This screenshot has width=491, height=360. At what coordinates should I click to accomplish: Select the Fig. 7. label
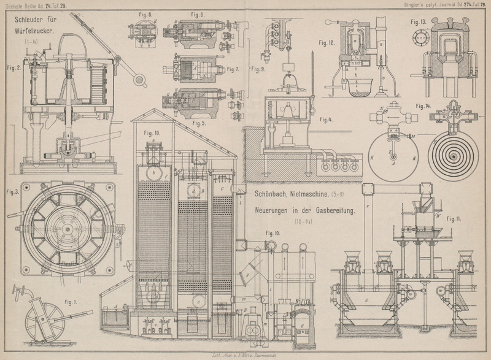[233, 69]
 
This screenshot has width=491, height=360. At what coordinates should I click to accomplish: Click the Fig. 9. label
[258, 69]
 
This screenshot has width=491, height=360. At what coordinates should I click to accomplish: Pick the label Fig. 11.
[455, 218]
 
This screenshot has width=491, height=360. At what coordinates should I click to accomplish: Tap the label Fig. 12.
[326, 43]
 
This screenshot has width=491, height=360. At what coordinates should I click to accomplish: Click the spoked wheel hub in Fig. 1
[42, 320]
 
